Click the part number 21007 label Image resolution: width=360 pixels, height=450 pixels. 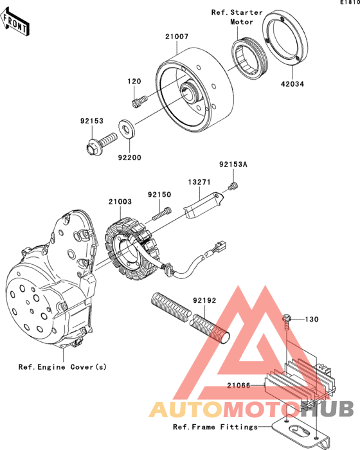(x=177, y=37)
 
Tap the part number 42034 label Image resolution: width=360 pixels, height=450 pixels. (x=292, y=84)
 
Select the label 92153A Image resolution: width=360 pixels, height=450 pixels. (x=233, y=165)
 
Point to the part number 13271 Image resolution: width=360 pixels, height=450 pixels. (x=199, y=182)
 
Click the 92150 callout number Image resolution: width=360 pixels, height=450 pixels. (x=159, y=195)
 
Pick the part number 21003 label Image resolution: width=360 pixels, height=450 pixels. (x=120, y=202)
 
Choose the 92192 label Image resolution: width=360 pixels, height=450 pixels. (x=204, y=300)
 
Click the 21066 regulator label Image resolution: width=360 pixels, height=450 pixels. (x=239, y=385)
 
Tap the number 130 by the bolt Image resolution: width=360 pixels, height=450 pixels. (x=312, y=319)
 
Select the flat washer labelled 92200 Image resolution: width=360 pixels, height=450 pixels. (x=126, y=129)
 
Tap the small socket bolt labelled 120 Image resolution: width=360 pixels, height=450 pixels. (x=139, y=102)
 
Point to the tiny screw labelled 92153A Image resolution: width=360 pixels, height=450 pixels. (x=233, y=186)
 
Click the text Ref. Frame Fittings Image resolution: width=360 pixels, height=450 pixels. (x=215, y=427)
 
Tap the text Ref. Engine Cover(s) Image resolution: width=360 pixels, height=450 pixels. (x=62, y=367)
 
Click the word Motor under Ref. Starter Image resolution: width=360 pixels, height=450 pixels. (x=242, y=22)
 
